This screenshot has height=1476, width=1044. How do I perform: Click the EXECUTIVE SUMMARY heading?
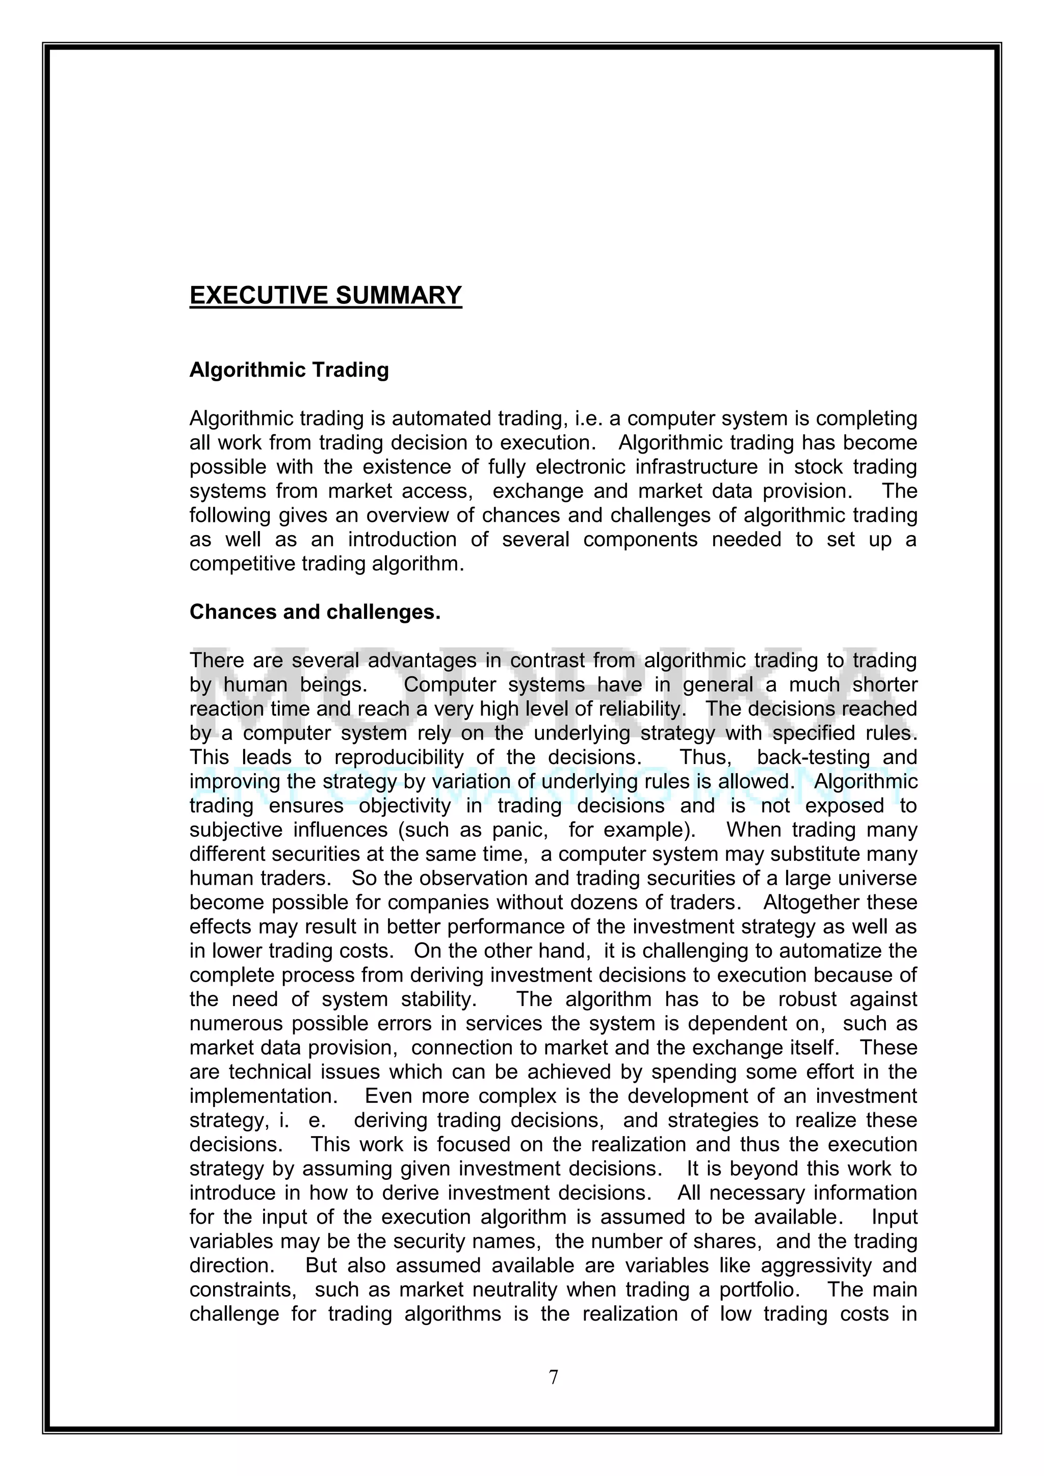(325, 295)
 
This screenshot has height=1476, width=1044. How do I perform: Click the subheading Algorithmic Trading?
(289, 371)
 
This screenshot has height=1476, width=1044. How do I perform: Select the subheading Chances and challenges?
(315, 612)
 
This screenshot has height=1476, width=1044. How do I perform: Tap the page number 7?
(554, 1377)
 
